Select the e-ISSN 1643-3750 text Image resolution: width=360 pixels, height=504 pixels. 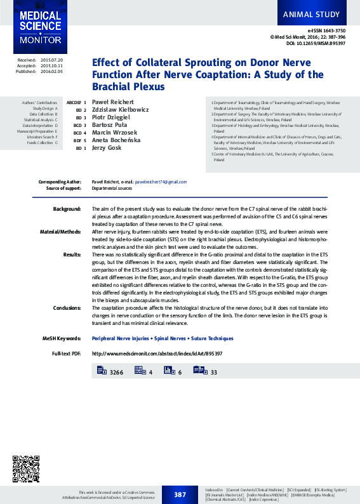[326, 30]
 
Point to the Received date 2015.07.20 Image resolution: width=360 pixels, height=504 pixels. [52, 60]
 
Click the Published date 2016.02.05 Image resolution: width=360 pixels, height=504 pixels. [52, 72]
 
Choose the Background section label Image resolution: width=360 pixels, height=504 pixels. [67, 209]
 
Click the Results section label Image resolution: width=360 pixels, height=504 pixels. [72, 254]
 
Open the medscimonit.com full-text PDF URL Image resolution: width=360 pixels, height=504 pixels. [157, 353]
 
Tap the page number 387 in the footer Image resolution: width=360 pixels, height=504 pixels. [180, 494]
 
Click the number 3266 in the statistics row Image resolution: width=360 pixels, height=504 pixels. [116, 371]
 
